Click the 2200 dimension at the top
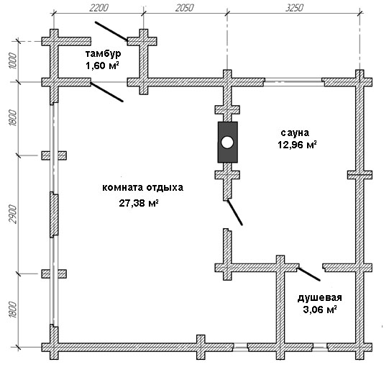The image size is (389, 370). pyautogui.click(x=99, y=8)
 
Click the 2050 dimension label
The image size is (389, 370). pyautogui.click(x=184, y=8)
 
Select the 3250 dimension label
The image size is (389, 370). pyautogui.click(x=294, y=8)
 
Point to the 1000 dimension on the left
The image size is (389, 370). pyautogui.click(x=13, y=61)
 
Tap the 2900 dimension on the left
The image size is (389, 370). pyautogui.click(x=13, y=214)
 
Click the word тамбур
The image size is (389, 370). pyautogui.click(x=104, y=54)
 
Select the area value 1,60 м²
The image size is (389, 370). pyautogui.click(x=102, y=66)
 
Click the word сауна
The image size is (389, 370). pyautogui.click(x=295, y=133)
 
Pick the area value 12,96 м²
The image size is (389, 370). pyautogui.click(x=297, y=145)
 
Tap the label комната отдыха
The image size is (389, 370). pyautogui.click(x=142, y=188)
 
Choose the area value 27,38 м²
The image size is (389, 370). pyautogui.click(x=139, y=203)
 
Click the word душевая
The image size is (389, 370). pyautogui.click(x=319, y=298)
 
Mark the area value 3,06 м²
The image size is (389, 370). pyautogui.click(x=320, y=310)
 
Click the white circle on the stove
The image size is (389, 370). pyautogui.click(x=227, y=143)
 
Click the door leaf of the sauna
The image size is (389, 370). pyautogui.click(x=235, y=212)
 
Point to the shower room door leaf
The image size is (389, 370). pyautogui.click(x=309, y=274)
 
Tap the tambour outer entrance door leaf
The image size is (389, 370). pyautogui.click(x=111, y=31)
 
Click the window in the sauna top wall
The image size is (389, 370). pyautogui.click(x=293, y=82)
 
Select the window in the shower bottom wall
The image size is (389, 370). pyautogui.click(x=320, y=347)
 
